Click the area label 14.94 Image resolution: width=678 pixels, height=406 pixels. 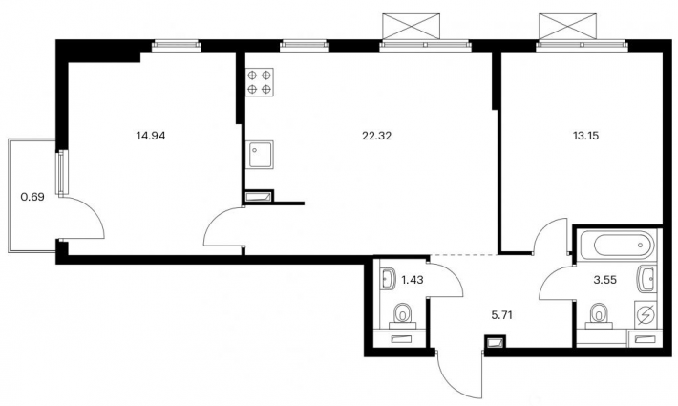(151, 136)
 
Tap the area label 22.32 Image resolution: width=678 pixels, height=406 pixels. (376, 136)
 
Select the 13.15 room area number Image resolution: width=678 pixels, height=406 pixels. (586, 136)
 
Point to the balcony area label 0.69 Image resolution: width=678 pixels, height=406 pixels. (32, 197)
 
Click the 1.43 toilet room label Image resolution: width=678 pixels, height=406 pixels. (413, 280)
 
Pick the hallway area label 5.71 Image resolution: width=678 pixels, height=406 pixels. (501, 315)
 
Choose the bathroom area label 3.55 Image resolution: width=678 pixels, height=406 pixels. (604, 280)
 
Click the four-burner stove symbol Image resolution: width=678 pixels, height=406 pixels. (260, 82)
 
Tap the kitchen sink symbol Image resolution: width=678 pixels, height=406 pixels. (260, 155)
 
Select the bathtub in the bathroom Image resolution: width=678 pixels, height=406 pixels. (621, 246)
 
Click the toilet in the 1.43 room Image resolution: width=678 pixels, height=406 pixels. (403, 314)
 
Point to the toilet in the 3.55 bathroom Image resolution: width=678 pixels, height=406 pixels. (599, 314)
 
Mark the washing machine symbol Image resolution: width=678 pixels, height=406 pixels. (646, 314)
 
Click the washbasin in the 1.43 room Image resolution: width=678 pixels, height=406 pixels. (390, 279)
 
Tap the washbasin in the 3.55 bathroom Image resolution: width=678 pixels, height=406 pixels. (646, 279)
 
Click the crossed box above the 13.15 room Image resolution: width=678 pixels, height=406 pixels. (569, 27)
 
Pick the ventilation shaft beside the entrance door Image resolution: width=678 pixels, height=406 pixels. (495, 342)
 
